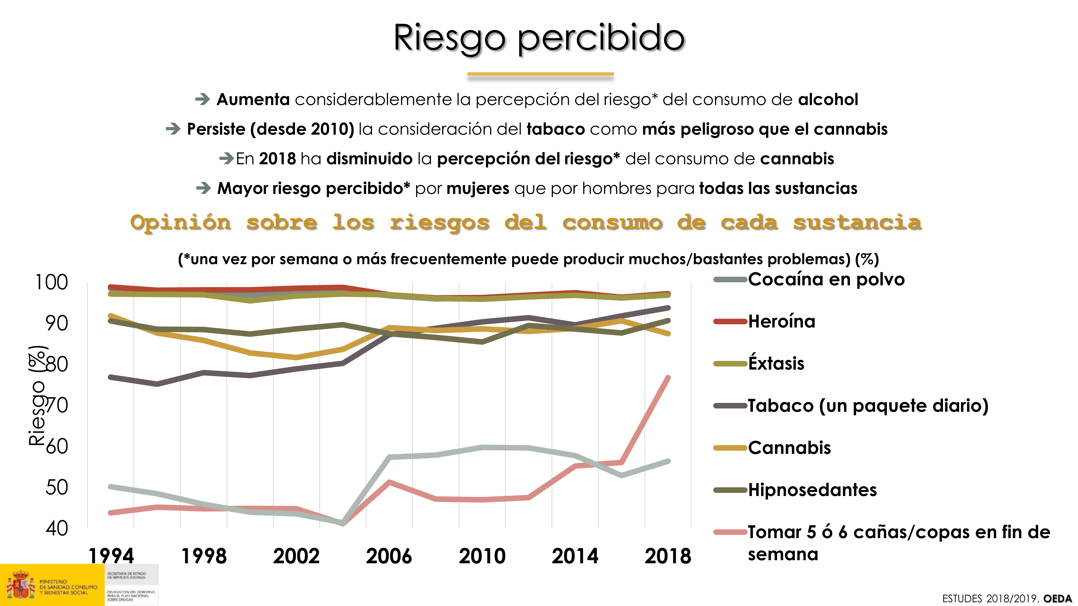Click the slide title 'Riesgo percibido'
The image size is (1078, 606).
(x=539, y=38)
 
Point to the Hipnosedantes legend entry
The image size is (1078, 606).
(x=812, y=490)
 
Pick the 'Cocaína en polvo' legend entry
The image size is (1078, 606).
(x=826, y=279)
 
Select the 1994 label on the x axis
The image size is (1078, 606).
(x=111, y=556)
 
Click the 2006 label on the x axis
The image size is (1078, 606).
(x=389, y=556)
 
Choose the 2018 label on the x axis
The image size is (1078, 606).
(x=667, y=556)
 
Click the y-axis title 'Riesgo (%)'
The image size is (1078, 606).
(x=37, y=395)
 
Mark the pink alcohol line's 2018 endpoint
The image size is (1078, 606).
(x=668, y=378)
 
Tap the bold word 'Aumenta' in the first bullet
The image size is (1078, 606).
(x=253, y=99)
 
